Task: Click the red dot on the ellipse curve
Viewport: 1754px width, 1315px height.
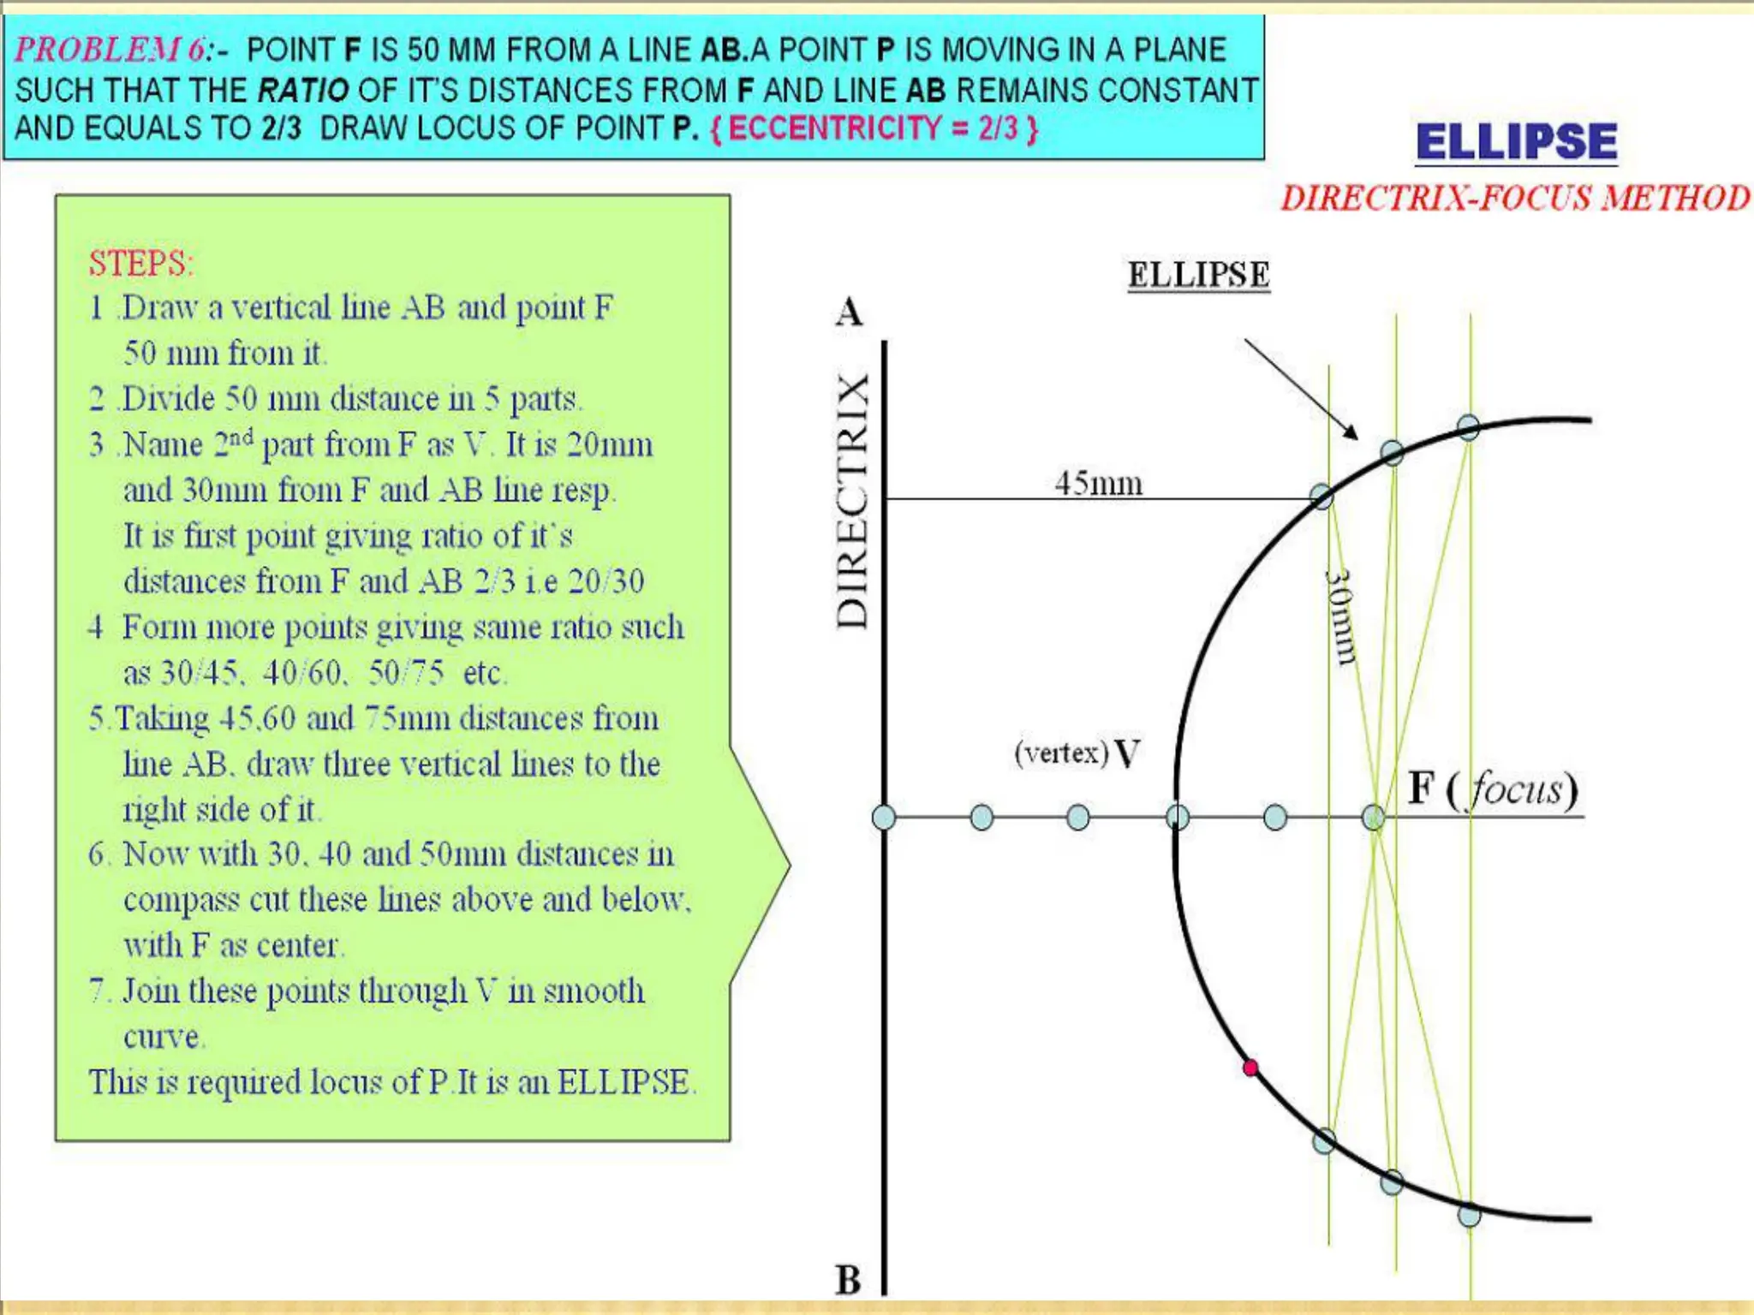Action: tap(1250, 1068)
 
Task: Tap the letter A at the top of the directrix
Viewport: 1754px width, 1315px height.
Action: tap(849, 312)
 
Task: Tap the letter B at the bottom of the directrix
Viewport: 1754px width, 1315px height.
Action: tap(848, 1281)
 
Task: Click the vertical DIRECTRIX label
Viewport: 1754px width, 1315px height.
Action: tap(853, 501)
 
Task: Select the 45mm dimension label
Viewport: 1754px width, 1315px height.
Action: tap(1098, 484)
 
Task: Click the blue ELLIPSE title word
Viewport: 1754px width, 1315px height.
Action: tap(1516, 142)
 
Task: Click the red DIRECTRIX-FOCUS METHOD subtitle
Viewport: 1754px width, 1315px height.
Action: tap(1515, 199)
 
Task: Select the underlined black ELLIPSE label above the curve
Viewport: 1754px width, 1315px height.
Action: tap(1198, 275)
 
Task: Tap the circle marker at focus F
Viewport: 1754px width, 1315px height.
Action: tap(1373, 818)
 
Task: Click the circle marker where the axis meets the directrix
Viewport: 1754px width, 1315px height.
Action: tap(884, 818)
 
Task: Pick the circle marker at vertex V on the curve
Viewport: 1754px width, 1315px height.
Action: tap(1178, 818)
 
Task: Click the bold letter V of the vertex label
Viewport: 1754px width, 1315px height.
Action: tap(1128, 754)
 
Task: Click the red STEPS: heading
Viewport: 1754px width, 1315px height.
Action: tap(141, 263)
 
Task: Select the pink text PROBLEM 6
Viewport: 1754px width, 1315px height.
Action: tap(110, 50)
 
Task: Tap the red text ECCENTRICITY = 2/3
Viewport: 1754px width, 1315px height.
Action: tap(874, 128)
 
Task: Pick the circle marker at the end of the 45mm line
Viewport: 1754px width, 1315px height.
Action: tap(1321, 497)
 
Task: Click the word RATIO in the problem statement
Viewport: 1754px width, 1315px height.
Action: tap(303, 90)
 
